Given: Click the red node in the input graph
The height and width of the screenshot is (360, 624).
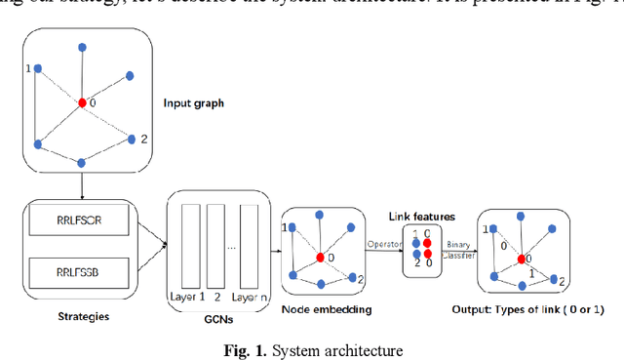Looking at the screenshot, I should (82, 102).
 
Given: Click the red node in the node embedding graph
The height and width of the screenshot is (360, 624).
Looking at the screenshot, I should (320, 259).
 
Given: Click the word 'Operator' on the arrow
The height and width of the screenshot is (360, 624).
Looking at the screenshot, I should (383, 243).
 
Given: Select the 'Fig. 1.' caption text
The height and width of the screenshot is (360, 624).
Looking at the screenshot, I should (240, 350).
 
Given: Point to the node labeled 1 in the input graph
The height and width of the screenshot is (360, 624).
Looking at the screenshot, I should (37, 69).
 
